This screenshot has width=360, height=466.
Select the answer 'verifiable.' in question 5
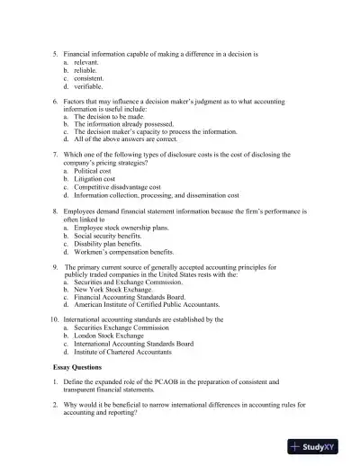pos(89,86)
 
